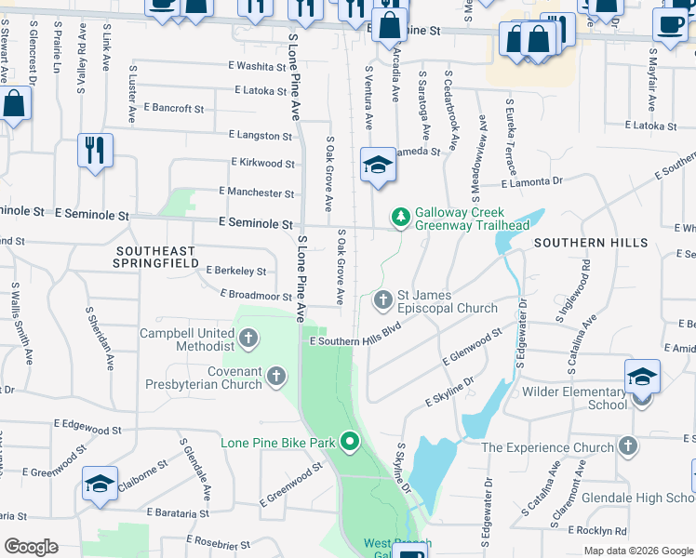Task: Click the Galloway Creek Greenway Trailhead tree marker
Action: pyautogui.click(x=401, y=217)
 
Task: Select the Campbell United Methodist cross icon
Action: pyautogui.click(x=248, y=339)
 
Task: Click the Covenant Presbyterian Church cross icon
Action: pyautogui.click(x=276, y=376)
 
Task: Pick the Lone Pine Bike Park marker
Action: pyautogui.click(x=351, y=442)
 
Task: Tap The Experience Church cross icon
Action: pyautogui.click(x=628, y=446)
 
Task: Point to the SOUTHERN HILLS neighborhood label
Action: pyautogui.click(x=591, y=243)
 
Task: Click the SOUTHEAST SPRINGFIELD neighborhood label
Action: pyautogui.click(x=156, y=257)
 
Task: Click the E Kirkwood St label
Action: pyautogui.click(x=262, y=163)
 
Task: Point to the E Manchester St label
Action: pyautogui.click(x=256, y=193)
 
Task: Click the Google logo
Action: pyautogui.click(x=31, y=547)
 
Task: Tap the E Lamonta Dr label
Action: pyautogui.click(x=537, y=183)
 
